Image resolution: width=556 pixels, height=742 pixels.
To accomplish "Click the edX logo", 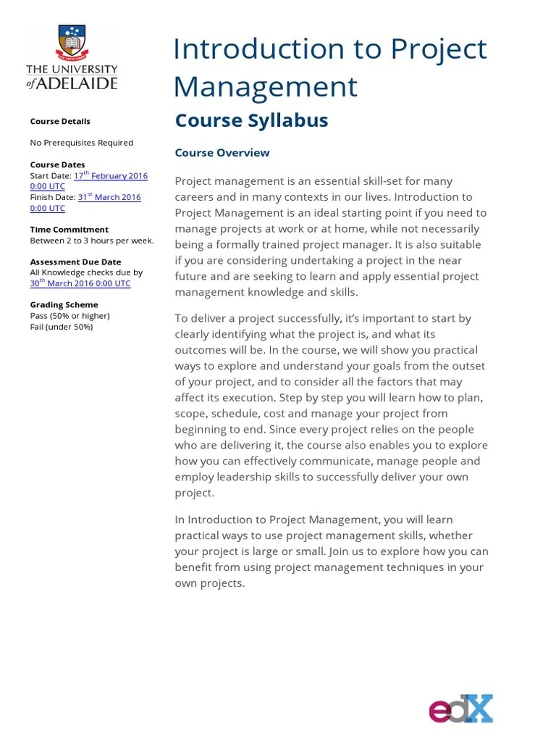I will click(x=460, y=708).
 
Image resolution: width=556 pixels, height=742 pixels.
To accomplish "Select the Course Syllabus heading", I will click(x=251, y=120).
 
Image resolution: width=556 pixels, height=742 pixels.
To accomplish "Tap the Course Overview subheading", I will click(x=222, y=152).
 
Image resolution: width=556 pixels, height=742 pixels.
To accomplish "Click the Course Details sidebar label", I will click(x=60, y=121).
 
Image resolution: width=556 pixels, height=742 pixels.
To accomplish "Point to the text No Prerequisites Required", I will click(x=81, y=143).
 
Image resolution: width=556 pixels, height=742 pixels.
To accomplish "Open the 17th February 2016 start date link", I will click(x=110, y=175).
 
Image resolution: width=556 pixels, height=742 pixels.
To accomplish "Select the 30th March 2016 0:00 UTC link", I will click(x=80, y=283).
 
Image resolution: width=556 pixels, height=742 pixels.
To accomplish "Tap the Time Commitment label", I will click(x=69, y=229).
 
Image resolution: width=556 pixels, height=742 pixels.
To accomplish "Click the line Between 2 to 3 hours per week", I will click(x=91, y=241).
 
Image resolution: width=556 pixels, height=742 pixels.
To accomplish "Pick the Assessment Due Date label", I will click(x=75, y=262).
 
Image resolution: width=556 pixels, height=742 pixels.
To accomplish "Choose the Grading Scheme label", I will click(x=64, y=305).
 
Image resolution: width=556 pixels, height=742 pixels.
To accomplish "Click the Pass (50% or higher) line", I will click(x=69, y=316).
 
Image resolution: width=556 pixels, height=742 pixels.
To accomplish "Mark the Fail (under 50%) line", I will click(x=62, y=327).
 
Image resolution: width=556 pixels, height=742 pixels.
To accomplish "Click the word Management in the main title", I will click(x=265, y=87).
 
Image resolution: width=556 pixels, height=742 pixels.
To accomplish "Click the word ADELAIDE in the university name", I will click(x=80, y=83).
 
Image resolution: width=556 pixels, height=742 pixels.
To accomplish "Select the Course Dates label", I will click(x=57, y=164).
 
